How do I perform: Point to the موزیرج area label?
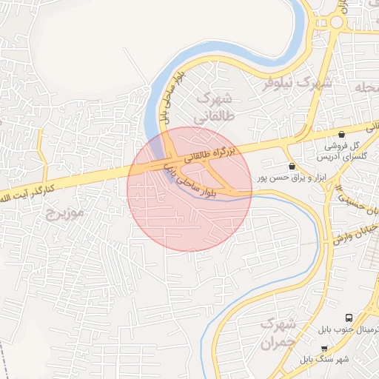coord(65,214)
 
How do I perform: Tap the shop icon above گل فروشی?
coord(341,134)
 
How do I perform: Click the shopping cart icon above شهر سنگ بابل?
coord(324,347)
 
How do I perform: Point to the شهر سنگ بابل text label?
coord(326,359)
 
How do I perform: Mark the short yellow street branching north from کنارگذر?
coord(41,152)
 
